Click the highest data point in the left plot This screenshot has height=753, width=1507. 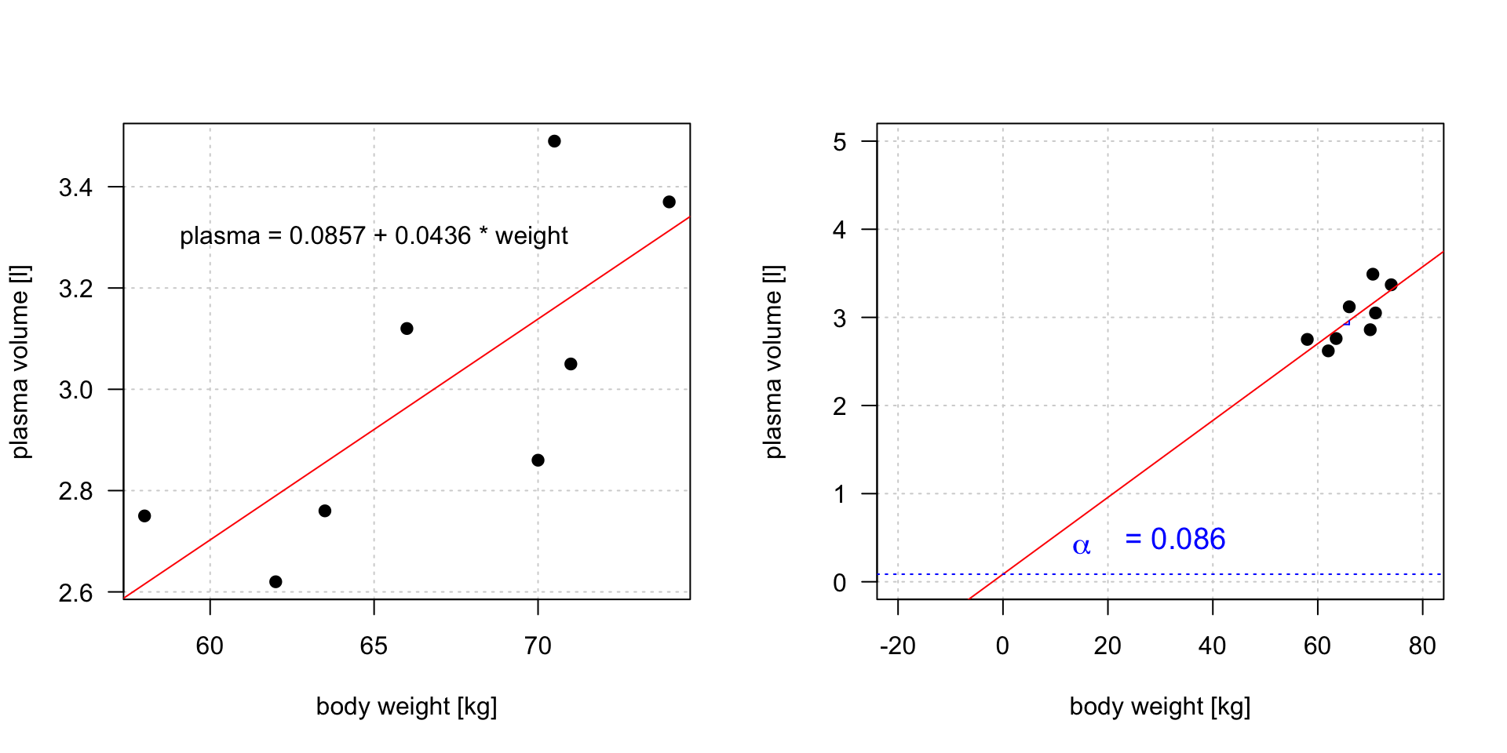[554, 141]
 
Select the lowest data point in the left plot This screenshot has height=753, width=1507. [275, 582]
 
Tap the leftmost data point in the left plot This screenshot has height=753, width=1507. [144, 516]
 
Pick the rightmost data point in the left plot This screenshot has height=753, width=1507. [669, 202]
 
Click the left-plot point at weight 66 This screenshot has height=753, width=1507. [407, 329]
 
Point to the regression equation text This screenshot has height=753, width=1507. [374, 236]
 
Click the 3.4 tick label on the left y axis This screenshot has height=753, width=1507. [75, 187]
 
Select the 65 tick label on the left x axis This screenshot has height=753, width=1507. [374, 646]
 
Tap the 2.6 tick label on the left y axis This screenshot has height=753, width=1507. [75, 593]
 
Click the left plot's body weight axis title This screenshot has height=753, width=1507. [407, 707]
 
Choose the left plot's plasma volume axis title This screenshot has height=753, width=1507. [20, 362]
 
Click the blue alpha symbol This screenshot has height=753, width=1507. [1082, 546]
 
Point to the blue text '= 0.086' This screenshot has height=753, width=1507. [1175, 540]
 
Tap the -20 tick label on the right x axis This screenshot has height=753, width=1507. [897, 646]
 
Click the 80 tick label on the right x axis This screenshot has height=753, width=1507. [1422, 646]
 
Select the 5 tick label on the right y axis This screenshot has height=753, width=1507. [840, 142]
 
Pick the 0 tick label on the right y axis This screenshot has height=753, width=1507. [840, 583]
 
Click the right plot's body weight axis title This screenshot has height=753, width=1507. [1160, 707]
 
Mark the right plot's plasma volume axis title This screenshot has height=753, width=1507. [773, 362]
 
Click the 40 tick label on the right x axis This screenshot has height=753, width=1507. [1213, 646]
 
